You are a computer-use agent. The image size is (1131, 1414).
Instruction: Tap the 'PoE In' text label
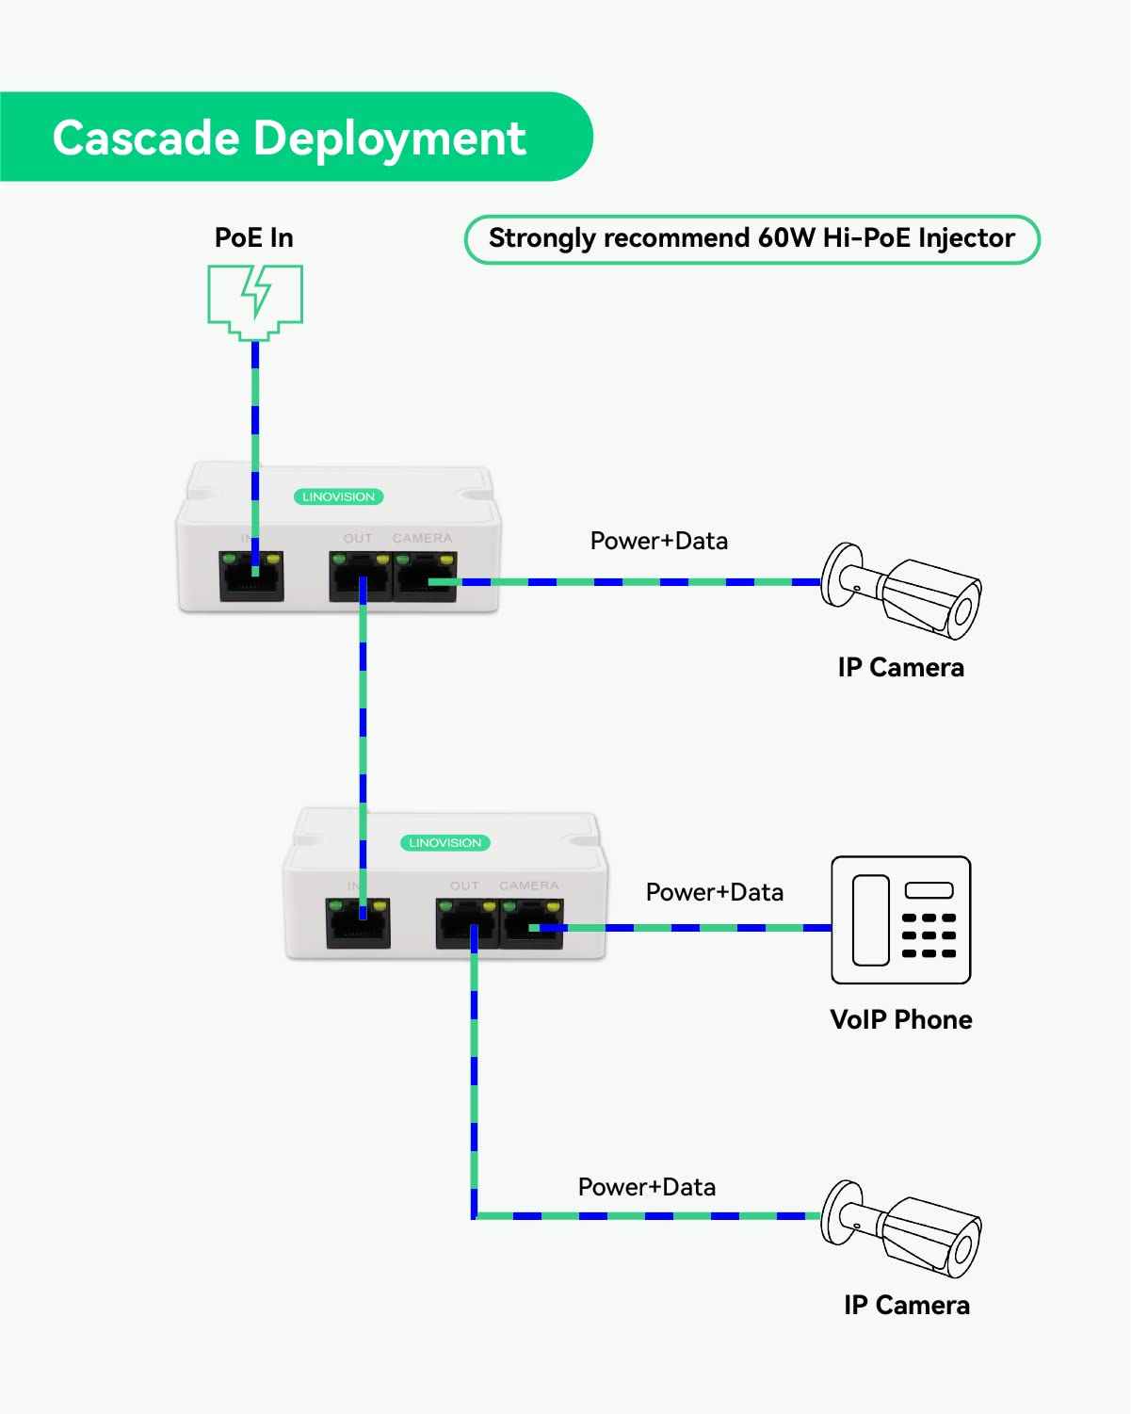[254, 237]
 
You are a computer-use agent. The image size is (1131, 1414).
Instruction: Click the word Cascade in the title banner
[146, 138]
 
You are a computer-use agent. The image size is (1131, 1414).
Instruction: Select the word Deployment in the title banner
[389, 139]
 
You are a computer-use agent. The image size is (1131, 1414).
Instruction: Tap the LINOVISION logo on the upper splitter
[338, 496]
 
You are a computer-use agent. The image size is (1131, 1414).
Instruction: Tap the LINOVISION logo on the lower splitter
[444, 843]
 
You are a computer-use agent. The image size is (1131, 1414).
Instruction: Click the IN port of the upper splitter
[251, 576]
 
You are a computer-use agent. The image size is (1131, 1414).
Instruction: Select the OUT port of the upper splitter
[360, 576]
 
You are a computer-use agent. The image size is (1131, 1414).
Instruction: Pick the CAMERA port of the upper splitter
[426, 576]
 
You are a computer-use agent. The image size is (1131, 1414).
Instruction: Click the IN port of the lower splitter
[358, 922]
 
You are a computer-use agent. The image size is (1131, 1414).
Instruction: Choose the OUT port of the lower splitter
[467, 922]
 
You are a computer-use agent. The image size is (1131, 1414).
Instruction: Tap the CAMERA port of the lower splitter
[532, 922]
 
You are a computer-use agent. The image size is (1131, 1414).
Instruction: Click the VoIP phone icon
[900, 920]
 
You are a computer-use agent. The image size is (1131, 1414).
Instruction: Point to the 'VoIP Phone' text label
[900, 1019]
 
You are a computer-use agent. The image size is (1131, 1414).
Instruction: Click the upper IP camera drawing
[901, 590]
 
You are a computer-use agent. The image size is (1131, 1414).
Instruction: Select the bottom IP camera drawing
[901, 1227]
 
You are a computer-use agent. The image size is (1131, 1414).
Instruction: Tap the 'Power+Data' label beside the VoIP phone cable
[714, 892]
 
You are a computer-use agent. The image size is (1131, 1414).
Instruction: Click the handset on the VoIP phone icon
[870, 920]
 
